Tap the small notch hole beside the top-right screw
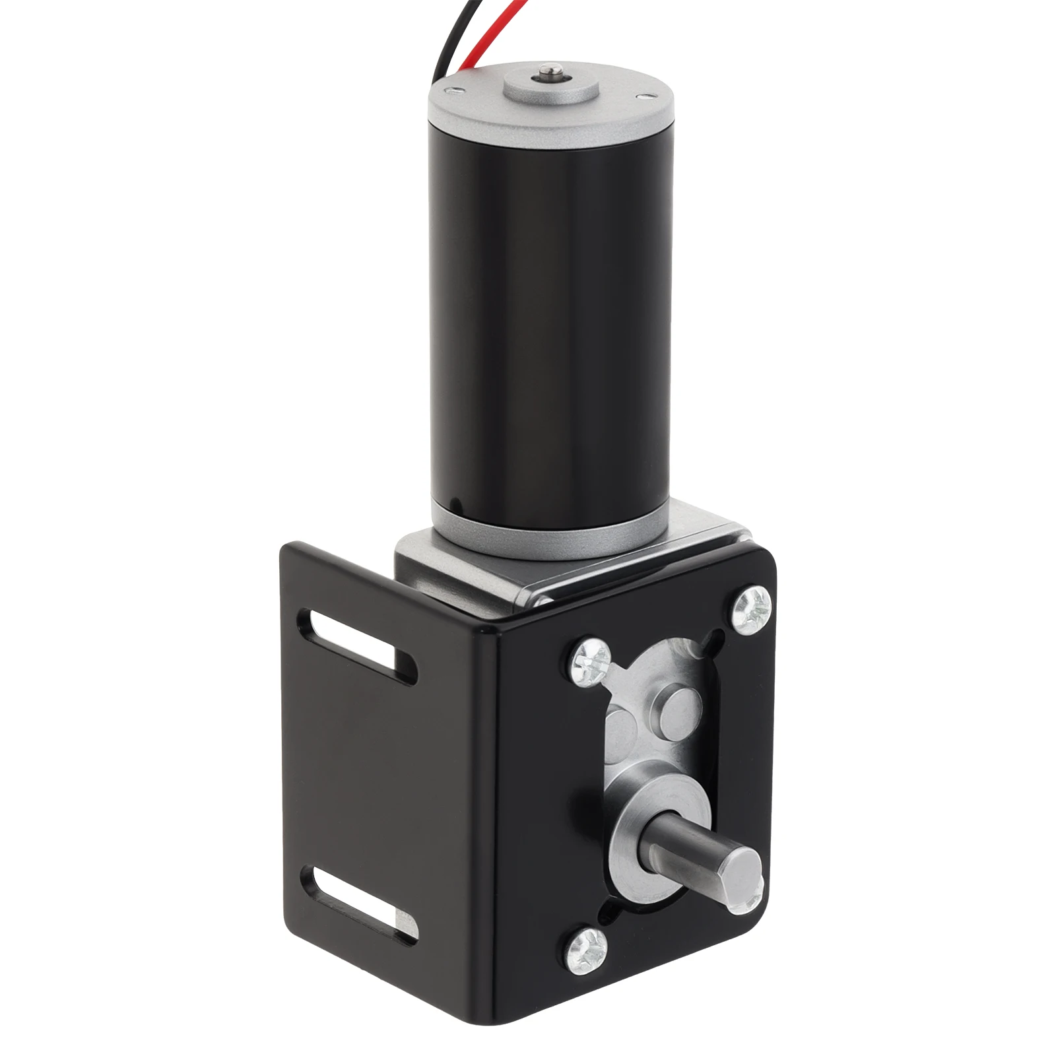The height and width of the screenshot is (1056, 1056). click(715, 637)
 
